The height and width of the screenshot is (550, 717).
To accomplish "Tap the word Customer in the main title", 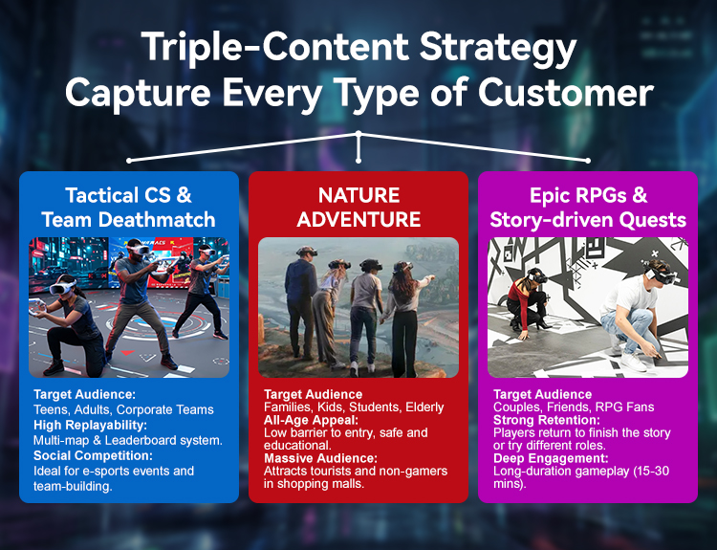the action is (x=566, y=92).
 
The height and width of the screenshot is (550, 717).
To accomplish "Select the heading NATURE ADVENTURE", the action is (x=358, y=208).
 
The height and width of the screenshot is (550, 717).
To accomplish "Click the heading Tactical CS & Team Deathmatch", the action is (x=128, y=208).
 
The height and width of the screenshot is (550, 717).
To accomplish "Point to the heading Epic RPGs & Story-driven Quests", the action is (x=588, y=208).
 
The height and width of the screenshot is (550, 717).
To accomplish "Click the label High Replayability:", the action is (x=90, y=425).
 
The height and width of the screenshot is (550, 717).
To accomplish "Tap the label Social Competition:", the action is (x=93, y=455).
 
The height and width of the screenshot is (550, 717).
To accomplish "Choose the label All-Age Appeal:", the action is (x=311, y=420).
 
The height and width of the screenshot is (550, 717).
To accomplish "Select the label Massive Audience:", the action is (x=320, y=458).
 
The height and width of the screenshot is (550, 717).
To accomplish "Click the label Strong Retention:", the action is (x=547, y=420).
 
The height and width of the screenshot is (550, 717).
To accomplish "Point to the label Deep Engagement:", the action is (x=551, y=458).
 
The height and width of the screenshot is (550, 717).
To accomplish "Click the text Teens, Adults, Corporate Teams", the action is (x=123, y=409).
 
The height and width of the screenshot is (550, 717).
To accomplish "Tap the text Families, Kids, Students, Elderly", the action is (x=354, y=407).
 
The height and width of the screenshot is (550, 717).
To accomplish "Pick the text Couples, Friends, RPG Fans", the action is (x=574, y=407).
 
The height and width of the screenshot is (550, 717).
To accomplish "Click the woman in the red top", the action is (x=527, y=299).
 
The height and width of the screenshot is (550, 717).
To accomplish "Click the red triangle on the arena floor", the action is (x=127, y=353).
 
